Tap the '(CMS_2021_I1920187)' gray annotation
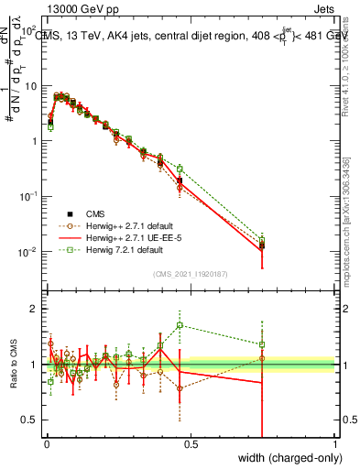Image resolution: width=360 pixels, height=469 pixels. pyautogui.click(x=190, y=272)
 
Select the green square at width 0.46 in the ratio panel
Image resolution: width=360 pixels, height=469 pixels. pyautogui.click(x=180, y=325)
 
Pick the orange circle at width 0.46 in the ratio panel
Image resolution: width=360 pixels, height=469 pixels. pyautogui.click(x=180, y=388)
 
